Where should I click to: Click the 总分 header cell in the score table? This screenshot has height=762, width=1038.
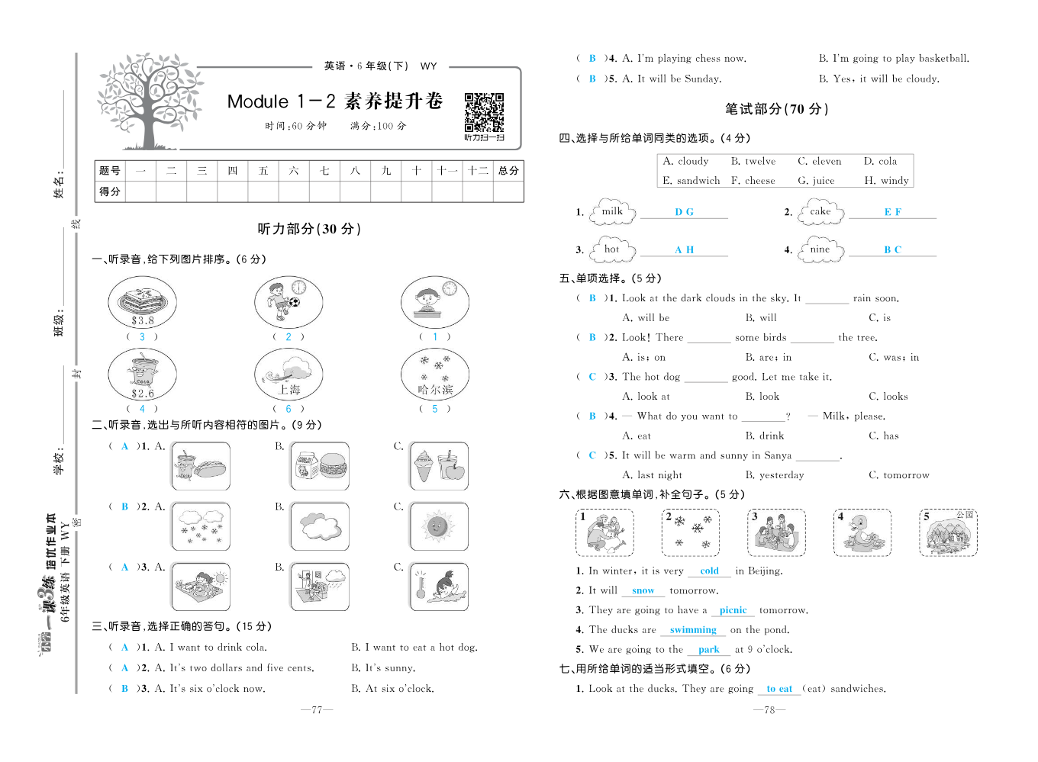pyautogui.click(x=508, y=171)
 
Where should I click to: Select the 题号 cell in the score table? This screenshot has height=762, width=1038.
pyautogui.click(x=110, y=171)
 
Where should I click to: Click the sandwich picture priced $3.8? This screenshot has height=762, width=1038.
pyautogui.click(x=143, y=302)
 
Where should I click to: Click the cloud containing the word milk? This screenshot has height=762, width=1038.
pyautogui.click(x=613, y=212)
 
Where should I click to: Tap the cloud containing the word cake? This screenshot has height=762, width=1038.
pyautogui.click(x=820, y=212)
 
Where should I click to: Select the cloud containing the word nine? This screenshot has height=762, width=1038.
pyautogui.click(x=820, y=249)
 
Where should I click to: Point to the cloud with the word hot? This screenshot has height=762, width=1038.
pyautogui.click(x=612, y=249)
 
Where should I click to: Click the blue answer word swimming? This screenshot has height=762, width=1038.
pyautogui.click(x=693, y=630)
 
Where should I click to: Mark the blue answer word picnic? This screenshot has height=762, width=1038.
pyautogui.click(x=733, y=610)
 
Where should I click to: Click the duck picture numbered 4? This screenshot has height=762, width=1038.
pyautogui.click(x=862, y=532)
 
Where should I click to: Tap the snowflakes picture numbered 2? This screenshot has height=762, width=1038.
pyautogui.click(x=691, y=532)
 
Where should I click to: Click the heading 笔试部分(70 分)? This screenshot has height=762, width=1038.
pyautogui.click(x=776, y=109)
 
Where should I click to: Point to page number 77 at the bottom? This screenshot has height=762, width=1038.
pyautogui.click(x=317, y=710)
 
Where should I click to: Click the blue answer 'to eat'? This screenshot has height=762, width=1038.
pyautogui.click(x=779, y=689)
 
